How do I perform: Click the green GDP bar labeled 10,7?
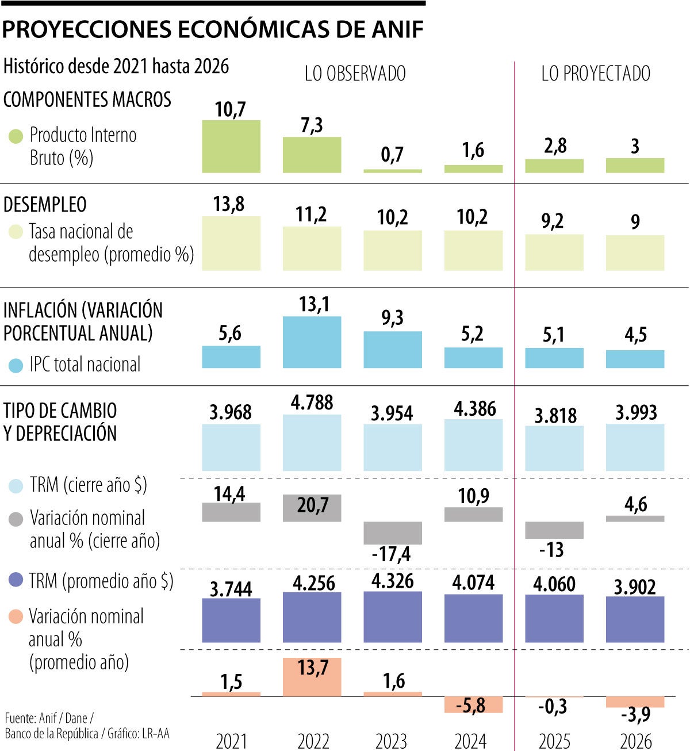[231, 147]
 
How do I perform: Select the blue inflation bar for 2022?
[312, 342]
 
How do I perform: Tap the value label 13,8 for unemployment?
[229, 204]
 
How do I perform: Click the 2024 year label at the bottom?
[470, 741]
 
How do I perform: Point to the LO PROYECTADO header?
[596, 74]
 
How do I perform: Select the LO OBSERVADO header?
[355, 74]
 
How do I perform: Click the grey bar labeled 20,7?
[312, 508]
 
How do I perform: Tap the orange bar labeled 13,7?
[312, 677]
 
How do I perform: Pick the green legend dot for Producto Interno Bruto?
[16, 136]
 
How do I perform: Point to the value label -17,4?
[391, 554]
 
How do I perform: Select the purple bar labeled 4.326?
[393, 617]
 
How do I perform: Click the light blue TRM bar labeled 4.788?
[312, 443]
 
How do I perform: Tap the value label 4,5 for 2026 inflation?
[635, 335]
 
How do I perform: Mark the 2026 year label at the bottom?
[635, 741]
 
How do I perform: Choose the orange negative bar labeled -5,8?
[473, 704]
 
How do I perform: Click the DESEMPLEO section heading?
[45, 205]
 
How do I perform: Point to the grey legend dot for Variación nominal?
[16, 519]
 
